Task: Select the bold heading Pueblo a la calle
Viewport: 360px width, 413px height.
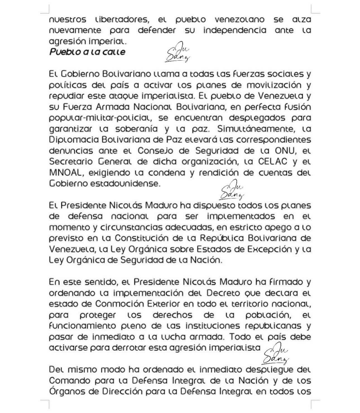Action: coord(87,52)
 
